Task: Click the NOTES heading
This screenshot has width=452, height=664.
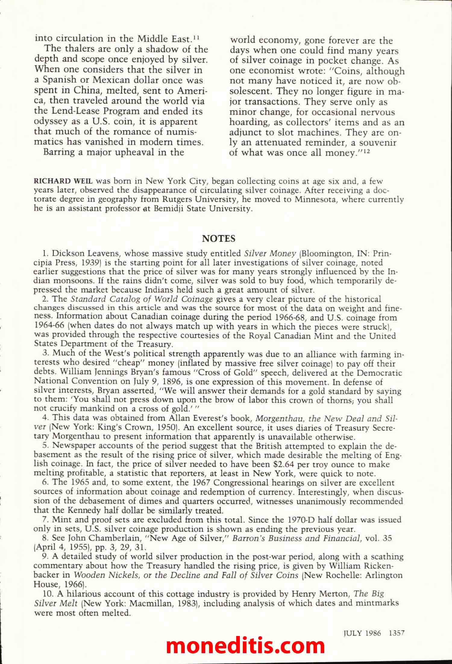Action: click(218, 239)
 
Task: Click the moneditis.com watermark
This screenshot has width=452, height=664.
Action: click(245, 645)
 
